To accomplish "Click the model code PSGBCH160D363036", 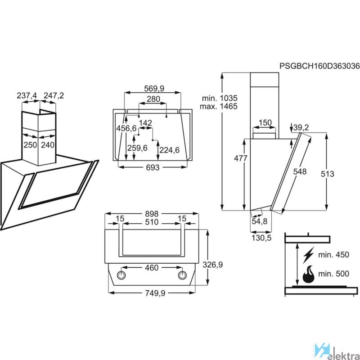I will click(x=319, y=66).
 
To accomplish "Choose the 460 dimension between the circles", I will click(x=152, y=268).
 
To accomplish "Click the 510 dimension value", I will click(x=152, y=222).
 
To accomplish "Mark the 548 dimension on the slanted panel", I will click(x=299, y=171).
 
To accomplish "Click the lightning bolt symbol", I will click(x=309, y=255).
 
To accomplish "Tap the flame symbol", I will click(x=309, y=274).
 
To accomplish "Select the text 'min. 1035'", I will click(x=219, y=98).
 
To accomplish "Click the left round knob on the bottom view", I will click(x=121, y=274).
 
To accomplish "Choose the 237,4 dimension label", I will click(x=27, y=96).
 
